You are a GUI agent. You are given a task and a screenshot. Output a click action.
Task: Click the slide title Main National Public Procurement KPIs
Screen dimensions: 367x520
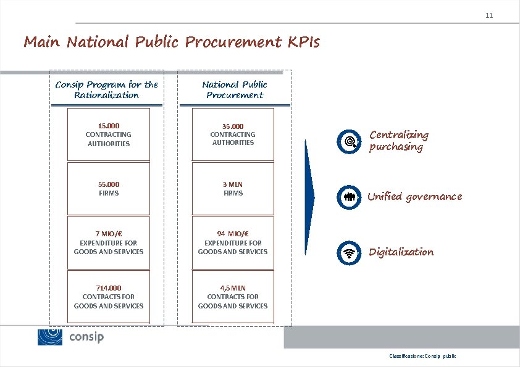172,43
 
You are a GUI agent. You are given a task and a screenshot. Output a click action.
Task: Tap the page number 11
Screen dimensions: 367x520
489,15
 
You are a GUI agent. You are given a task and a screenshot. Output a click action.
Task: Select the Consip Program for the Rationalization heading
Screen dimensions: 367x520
107,89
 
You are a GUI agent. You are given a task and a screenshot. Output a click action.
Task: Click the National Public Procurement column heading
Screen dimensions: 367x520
235,89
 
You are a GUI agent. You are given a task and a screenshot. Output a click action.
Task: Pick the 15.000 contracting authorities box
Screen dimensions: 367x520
109,134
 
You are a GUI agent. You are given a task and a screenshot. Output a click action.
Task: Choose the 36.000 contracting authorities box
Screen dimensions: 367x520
233,134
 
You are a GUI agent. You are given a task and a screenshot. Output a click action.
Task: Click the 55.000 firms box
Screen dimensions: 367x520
109,188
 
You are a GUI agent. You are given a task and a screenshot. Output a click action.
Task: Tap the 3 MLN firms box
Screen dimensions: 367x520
233,188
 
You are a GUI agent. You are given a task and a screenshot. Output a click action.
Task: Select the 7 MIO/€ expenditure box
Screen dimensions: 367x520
109,242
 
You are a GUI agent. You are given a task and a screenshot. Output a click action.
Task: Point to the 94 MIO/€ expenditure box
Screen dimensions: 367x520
233,242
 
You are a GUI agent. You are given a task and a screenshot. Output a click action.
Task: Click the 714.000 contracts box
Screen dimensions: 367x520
109,297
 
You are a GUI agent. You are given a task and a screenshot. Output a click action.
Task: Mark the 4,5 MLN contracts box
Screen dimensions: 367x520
233,297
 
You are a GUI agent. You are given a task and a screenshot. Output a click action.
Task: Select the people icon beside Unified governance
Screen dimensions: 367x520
350,197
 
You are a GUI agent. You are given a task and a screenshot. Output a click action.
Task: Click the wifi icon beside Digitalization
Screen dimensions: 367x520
350,252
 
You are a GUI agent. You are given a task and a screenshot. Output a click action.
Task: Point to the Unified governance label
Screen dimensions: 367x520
414,197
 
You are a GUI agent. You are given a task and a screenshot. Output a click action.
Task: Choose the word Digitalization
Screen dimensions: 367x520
401,252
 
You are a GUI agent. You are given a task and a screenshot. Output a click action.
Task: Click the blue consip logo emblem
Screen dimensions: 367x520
50,337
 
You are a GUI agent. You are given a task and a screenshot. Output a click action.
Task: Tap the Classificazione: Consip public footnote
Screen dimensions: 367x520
422,357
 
